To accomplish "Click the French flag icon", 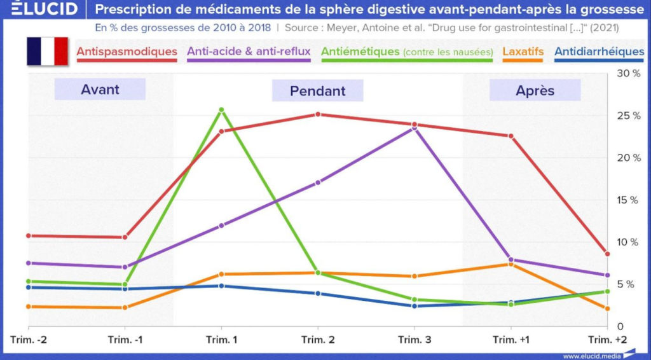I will [x=46, y=51].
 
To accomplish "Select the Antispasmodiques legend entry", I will [x=127, y=51].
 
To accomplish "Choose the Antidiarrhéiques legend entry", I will [x=599, y=51].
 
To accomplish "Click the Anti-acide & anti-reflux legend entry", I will [x=249, y=51].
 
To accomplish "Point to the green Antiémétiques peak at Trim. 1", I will [x=221, y=110].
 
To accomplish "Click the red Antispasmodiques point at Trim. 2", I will [x=318, y=114].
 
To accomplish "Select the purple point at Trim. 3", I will [x=415, y=128].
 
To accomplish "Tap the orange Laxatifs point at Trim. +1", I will [x=511, y=264].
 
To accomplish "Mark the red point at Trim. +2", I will [x=607, y=254].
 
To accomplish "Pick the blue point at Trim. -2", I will [x=28, y=287].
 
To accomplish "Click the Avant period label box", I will [x=100, y=90].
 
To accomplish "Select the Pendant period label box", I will [x=317, y=90].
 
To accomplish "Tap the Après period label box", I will [x=535, y=90].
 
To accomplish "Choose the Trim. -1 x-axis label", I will [x=125, y=340].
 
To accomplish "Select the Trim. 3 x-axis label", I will [x=415, y=340].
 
